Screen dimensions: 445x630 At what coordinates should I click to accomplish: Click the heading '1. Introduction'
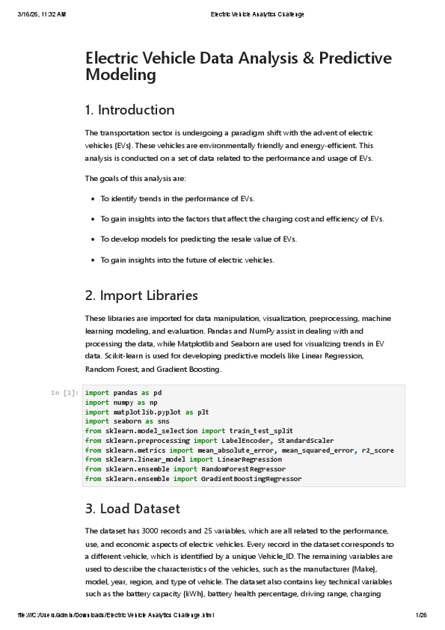tap(129, 110)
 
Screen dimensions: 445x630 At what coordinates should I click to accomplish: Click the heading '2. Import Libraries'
tap(141, 296)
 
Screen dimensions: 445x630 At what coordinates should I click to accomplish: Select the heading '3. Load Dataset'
tap(132, 509)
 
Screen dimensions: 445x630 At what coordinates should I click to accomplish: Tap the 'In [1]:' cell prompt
tap(65, 393)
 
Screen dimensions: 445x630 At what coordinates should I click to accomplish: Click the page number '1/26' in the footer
tap(420, 615)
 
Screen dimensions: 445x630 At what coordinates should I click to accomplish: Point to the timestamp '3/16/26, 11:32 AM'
tap(42, 14)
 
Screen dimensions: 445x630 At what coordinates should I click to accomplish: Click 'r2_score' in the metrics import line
tap(378, 450)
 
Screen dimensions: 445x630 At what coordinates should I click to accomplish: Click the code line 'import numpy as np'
tap(116, 402)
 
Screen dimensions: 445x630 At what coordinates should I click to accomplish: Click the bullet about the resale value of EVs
tap(198, 239)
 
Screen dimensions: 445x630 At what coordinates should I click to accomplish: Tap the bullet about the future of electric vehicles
tap(187, 260)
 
